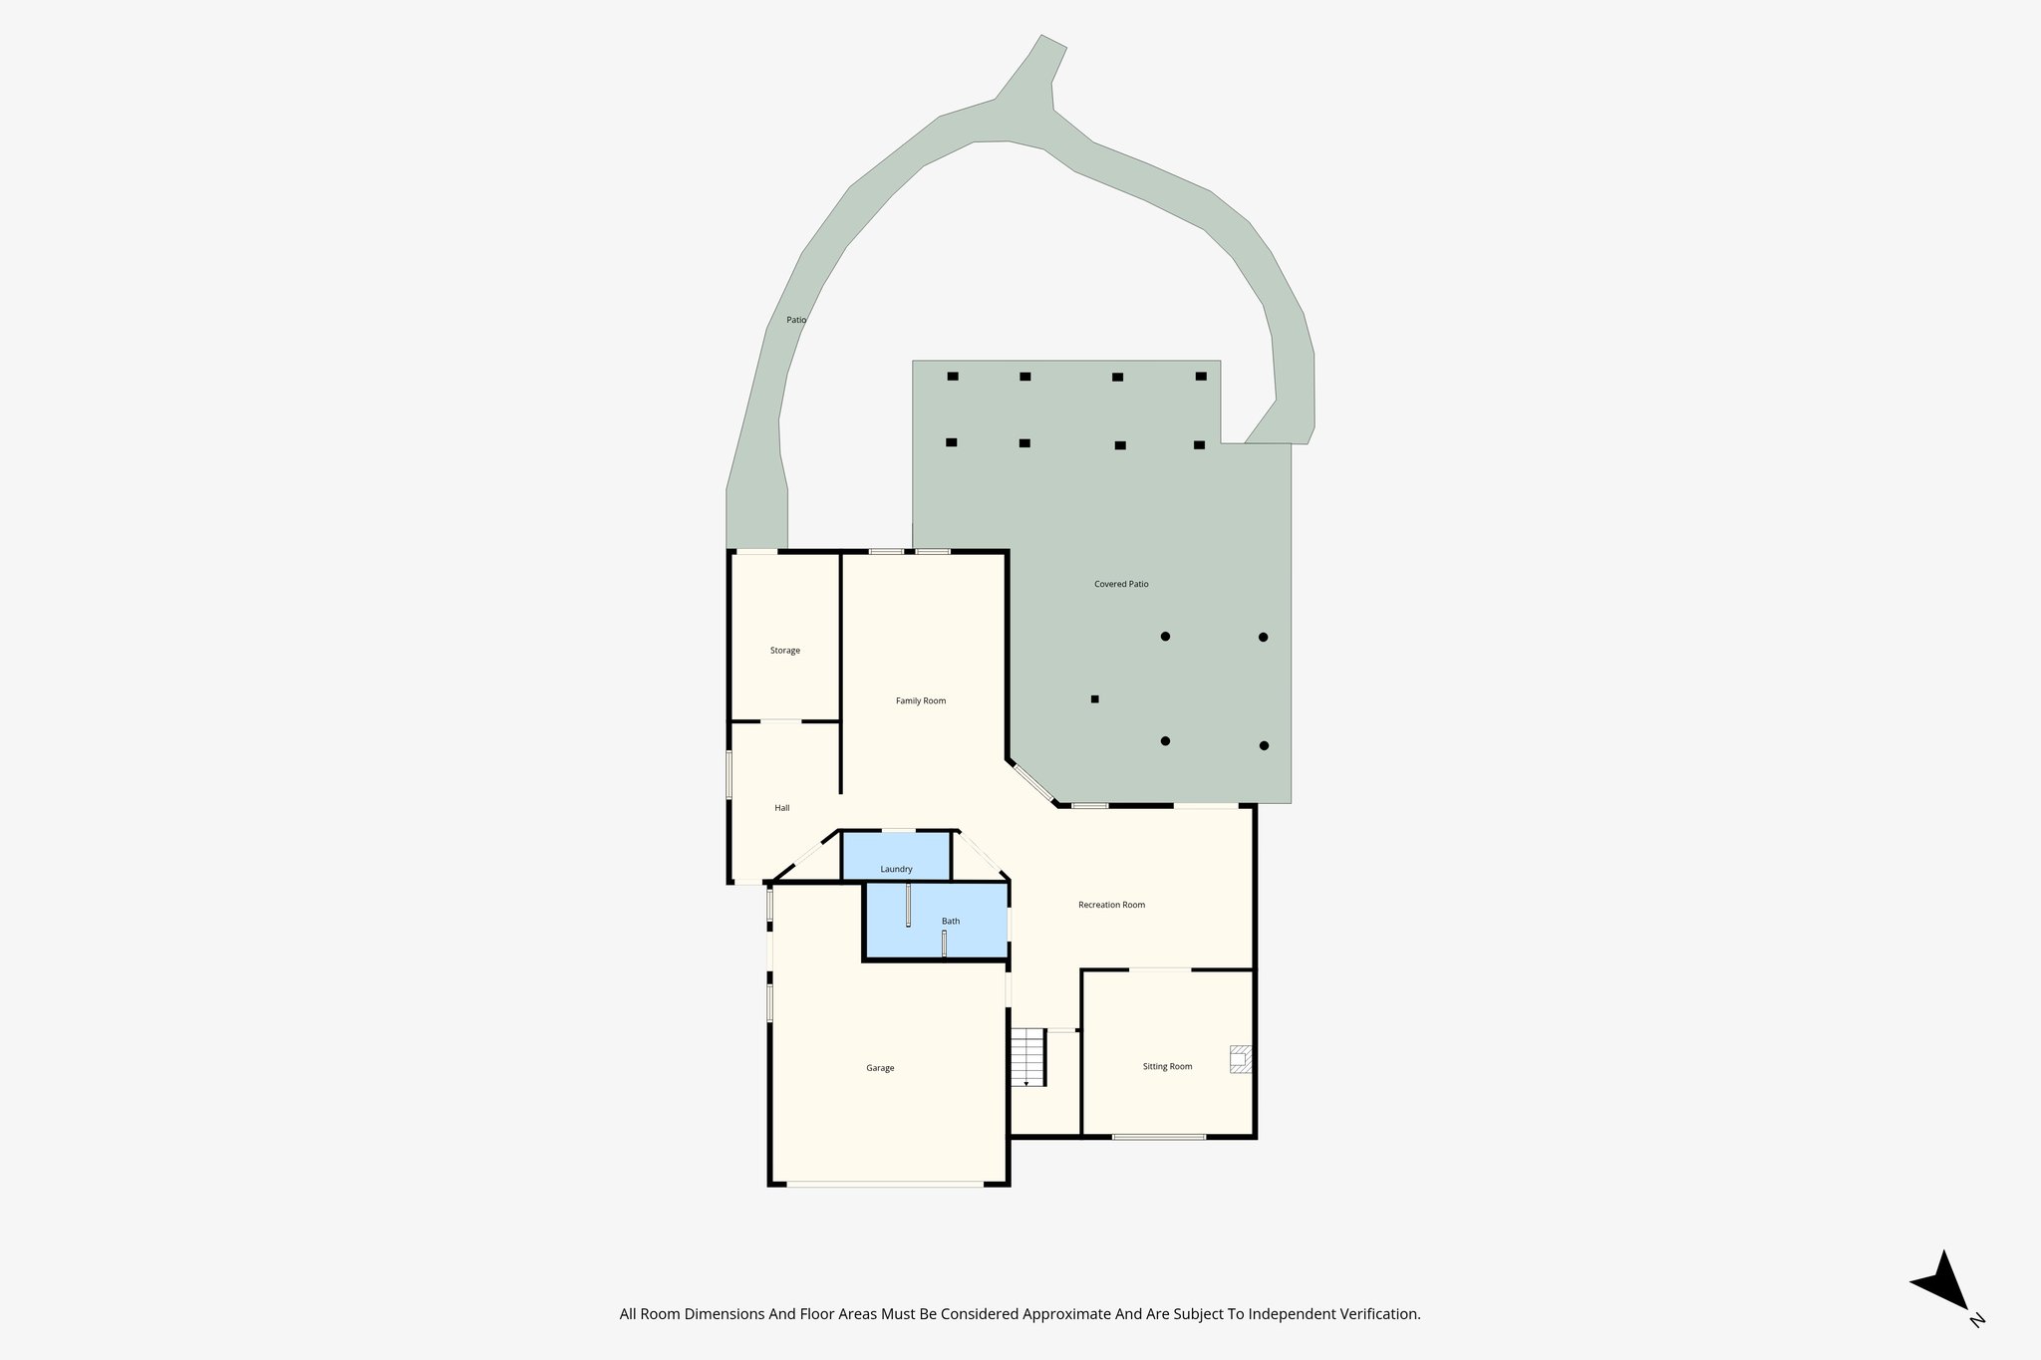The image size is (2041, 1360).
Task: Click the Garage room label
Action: pyautogui.click(x=880, y=1068)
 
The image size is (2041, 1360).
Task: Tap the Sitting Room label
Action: pyautogui.click(x=1167, y=1066)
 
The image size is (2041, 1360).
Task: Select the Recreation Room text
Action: pyautogui.click(x=1111, y=905)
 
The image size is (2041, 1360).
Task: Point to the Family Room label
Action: pyautogui.click(x=920, y=700)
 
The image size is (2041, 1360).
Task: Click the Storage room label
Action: pyautogui.click(x=784, y=651)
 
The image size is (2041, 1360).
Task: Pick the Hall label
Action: pyautogui.click(x=782, y=808)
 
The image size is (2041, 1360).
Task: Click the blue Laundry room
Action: pyautogui.click(x=896, y=857)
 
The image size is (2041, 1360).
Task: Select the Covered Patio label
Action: pyautogui.click(x=1121, y=584)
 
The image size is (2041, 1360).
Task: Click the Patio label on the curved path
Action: pyautogui.click(x=796, y=320)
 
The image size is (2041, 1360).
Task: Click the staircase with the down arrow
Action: pyautogui.click(x=1026, y=1058)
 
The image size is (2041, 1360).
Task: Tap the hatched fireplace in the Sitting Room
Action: pyautogui.click(x=1240, y=1059)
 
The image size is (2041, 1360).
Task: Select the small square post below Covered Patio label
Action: pyautogui.click(x=1094, y=699)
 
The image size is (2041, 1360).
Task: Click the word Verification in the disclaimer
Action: pyautogui.click(x=1379, y=1314)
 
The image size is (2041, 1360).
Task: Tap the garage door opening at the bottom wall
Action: pyautogui.click(x=885, y=1184)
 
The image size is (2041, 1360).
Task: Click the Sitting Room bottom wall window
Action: pyautogui.click(x=1159, y=1137)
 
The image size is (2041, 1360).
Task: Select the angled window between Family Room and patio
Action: pyautogui.click(x=1033, y=782)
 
